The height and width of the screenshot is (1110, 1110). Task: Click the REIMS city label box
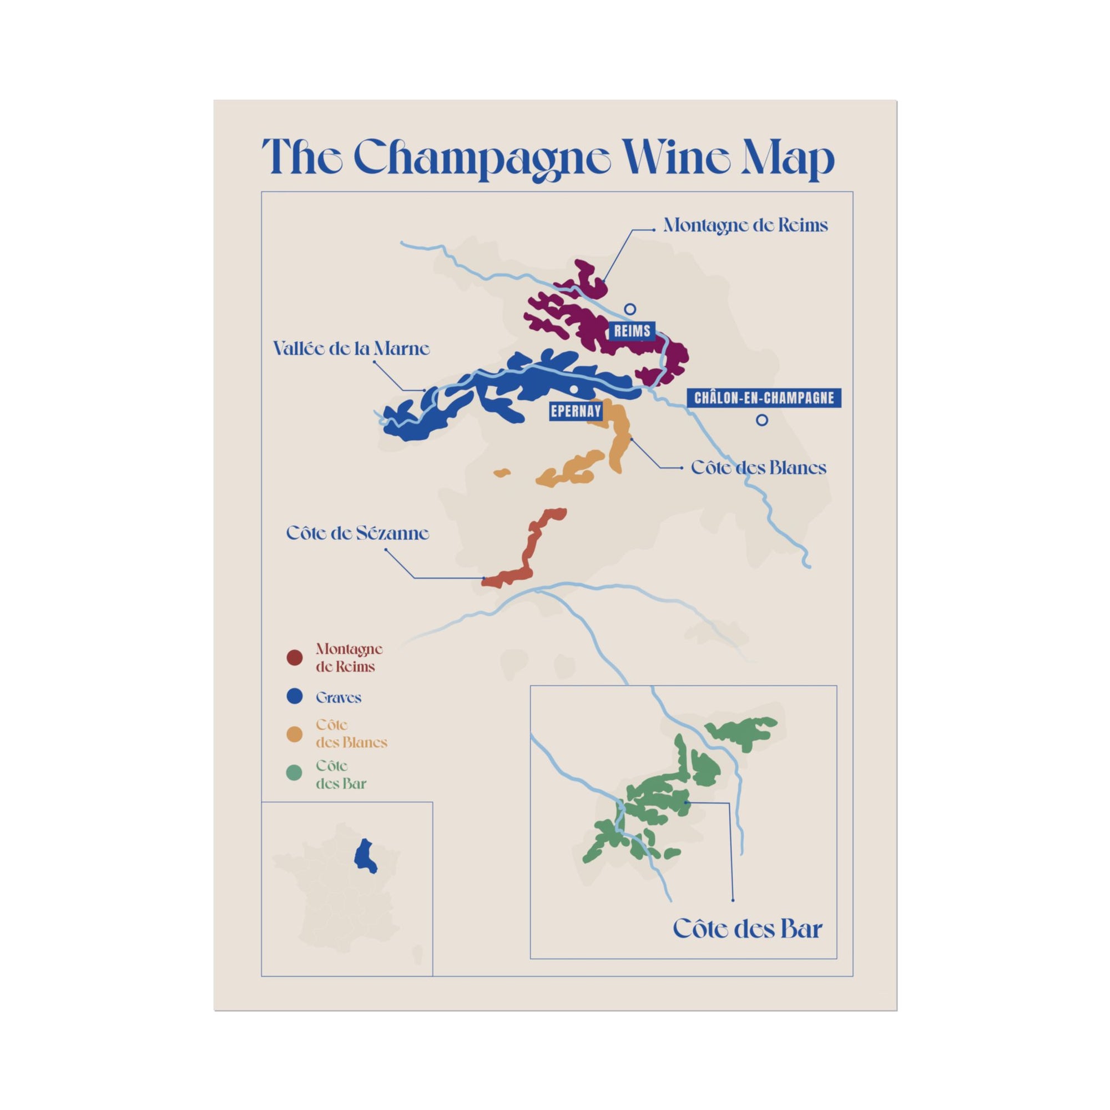632,330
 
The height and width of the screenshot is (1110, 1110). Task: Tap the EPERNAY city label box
576,411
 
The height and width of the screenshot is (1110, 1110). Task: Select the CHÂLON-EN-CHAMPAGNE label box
764,397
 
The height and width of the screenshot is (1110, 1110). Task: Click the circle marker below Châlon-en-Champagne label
762,420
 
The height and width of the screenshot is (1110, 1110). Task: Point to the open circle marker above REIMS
630,309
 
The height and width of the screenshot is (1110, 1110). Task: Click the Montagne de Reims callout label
745,225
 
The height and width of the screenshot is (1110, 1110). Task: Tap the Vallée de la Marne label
351,349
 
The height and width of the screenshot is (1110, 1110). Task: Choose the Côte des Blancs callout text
758,468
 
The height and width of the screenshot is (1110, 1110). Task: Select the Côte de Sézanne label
357,533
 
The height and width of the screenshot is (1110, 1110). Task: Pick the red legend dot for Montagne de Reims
294,658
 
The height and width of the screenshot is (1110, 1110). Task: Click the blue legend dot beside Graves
294,698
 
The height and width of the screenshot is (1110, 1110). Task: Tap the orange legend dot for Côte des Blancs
294,734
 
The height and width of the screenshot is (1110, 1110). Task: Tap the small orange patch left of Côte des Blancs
502,473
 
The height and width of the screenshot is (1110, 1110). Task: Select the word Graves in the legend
339,698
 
